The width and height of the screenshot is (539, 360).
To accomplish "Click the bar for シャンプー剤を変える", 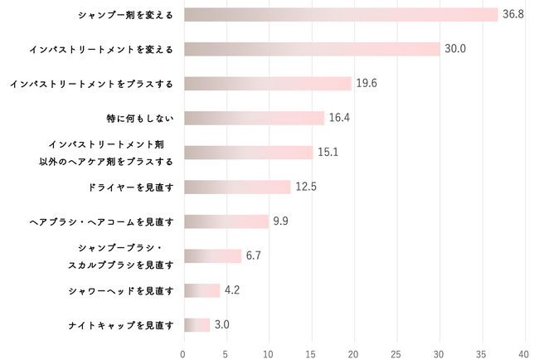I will point(340,14).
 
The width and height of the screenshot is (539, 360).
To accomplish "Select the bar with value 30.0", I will point(312,49).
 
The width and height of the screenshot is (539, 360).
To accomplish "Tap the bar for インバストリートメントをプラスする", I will point(267,83).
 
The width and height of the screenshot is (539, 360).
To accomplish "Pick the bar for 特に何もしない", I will point(254,118).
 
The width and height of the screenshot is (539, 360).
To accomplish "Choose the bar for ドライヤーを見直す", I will point(237,187).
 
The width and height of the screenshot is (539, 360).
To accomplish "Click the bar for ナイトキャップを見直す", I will point(197,324).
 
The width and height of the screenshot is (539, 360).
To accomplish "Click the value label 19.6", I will point(367,83).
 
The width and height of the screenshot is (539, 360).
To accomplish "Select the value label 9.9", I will point(280,221).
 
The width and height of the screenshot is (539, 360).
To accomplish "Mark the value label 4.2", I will point(232,290).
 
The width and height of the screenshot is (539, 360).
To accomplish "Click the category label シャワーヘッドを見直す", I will point(122,290).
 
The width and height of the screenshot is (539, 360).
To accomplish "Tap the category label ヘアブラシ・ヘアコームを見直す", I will point(101,221).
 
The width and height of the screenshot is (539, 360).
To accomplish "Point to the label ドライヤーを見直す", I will point(130,187).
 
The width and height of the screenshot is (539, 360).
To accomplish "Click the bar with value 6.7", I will point(212,255).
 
